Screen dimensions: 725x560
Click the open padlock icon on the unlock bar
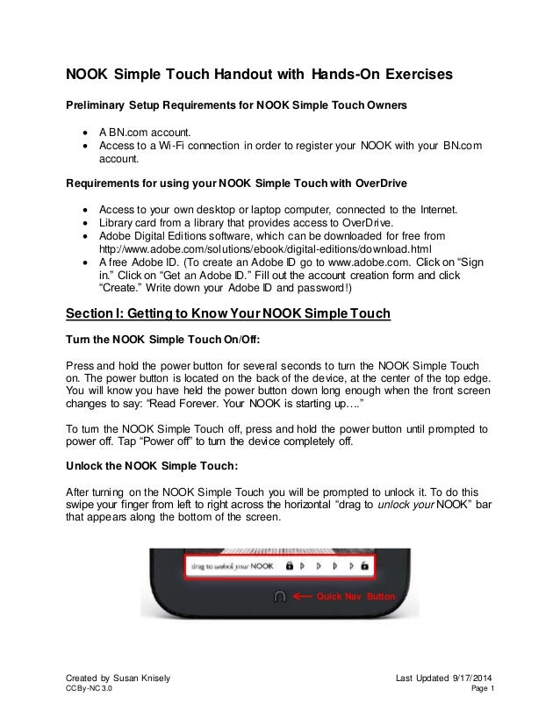(363, 567)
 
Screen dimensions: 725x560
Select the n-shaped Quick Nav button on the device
(280, 596)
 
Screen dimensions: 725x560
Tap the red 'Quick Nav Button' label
(358, 597)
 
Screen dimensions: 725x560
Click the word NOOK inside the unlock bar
(262, 567)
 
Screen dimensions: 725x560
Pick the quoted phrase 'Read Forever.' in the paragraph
(209, 406)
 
